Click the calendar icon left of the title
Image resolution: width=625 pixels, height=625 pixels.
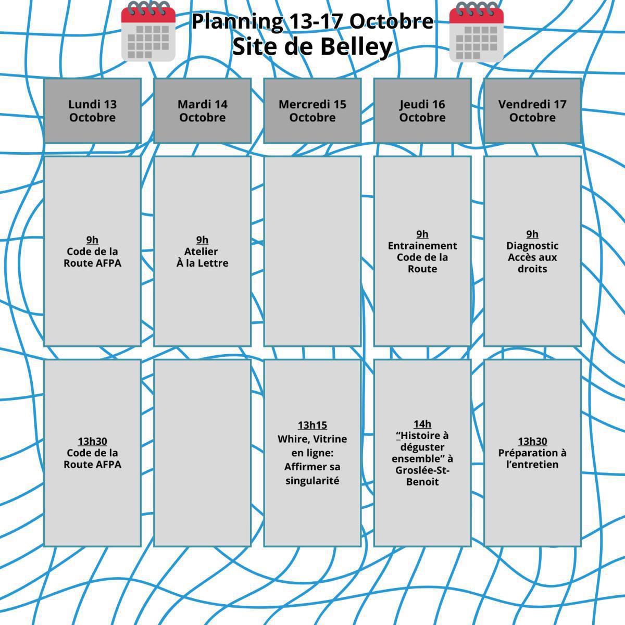[x=148, y=31]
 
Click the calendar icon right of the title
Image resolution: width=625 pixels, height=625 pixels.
[x=477, y=31]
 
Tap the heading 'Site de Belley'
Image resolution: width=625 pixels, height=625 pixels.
[x=312, y=47]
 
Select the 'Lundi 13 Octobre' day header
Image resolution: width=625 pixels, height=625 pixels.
[x=92, y=110]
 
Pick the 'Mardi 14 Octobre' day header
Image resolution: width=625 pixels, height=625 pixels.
[x=203, y=110]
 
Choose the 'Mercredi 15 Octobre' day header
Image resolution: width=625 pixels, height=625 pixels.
[x=312, y=110]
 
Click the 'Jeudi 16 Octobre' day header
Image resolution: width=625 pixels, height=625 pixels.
[x=422, y=110]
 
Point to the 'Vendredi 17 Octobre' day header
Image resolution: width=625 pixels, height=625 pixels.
[x=532, y=110]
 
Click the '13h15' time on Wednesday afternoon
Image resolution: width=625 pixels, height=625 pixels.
[x=312, y=425]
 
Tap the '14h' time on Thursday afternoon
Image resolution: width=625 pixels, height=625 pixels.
[x=422, y=424]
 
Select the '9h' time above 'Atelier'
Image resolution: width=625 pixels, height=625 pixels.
[x=203, y=240]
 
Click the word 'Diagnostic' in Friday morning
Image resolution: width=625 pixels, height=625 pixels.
[x=532, y=246]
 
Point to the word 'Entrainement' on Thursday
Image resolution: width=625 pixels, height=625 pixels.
[x=422, y=246]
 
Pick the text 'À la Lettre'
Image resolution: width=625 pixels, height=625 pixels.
[x=203, y=262]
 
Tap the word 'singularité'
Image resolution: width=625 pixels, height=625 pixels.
[x=312, y=481]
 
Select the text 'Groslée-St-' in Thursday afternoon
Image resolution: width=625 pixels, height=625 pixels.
[x=422, y=470]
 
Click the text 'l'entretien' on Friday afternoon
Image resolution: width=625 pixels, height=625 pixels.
[x=532, y=465]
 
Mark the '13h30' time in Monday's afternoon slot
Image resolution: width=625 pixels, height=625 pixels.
[x=92, y=441]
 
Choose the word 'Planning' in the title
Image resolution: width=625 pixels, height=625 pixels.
[x=238, y=22]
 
